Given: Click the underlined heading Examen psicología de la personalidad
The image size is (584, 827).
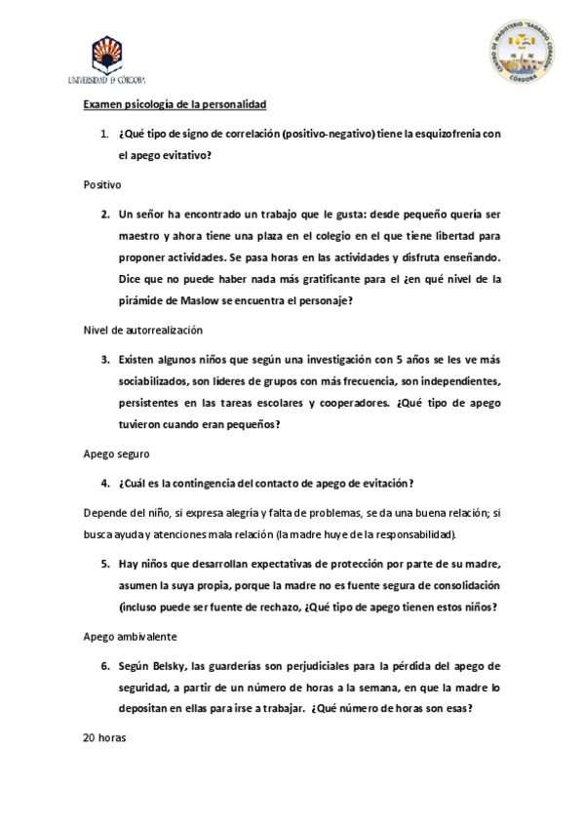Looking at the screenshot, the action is [x=175, y=103].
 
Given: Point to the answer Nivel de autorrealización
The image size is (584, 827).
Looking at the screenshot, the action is [x=142, y=330].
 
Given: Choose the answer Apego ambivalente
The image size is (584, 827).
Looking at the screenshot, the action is [x=130, y=637].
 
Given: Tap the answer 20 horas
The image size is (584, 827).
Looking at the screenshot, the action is [x=105, y=737].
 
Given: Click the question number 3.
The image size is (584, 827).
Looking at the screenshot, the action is [x=104, y=359].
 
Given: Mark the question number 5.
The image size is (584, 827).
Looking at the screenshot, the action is [x=104, y=564].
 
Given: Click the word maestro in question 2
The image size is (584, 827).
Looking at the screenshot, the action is [x=139, y=236].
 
